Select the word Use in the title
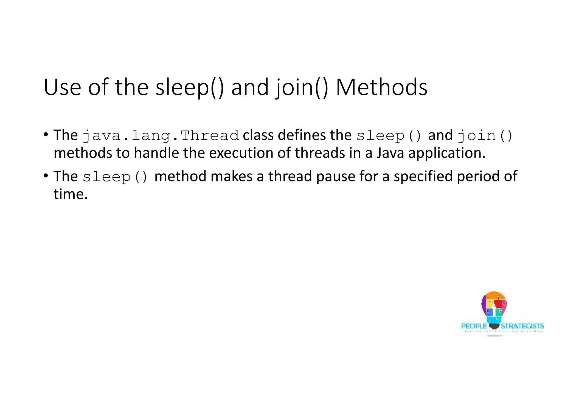(62, 88)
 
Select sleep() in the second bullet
(115, 177)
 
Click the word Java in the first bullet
(390, 153)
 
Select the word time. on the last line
(71, 194)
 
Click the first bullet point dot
(46, 135)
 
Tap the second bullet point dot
(46, 175)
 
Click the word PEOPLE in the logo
(474, 326)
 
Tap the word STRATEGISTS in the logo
(522, 326)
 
